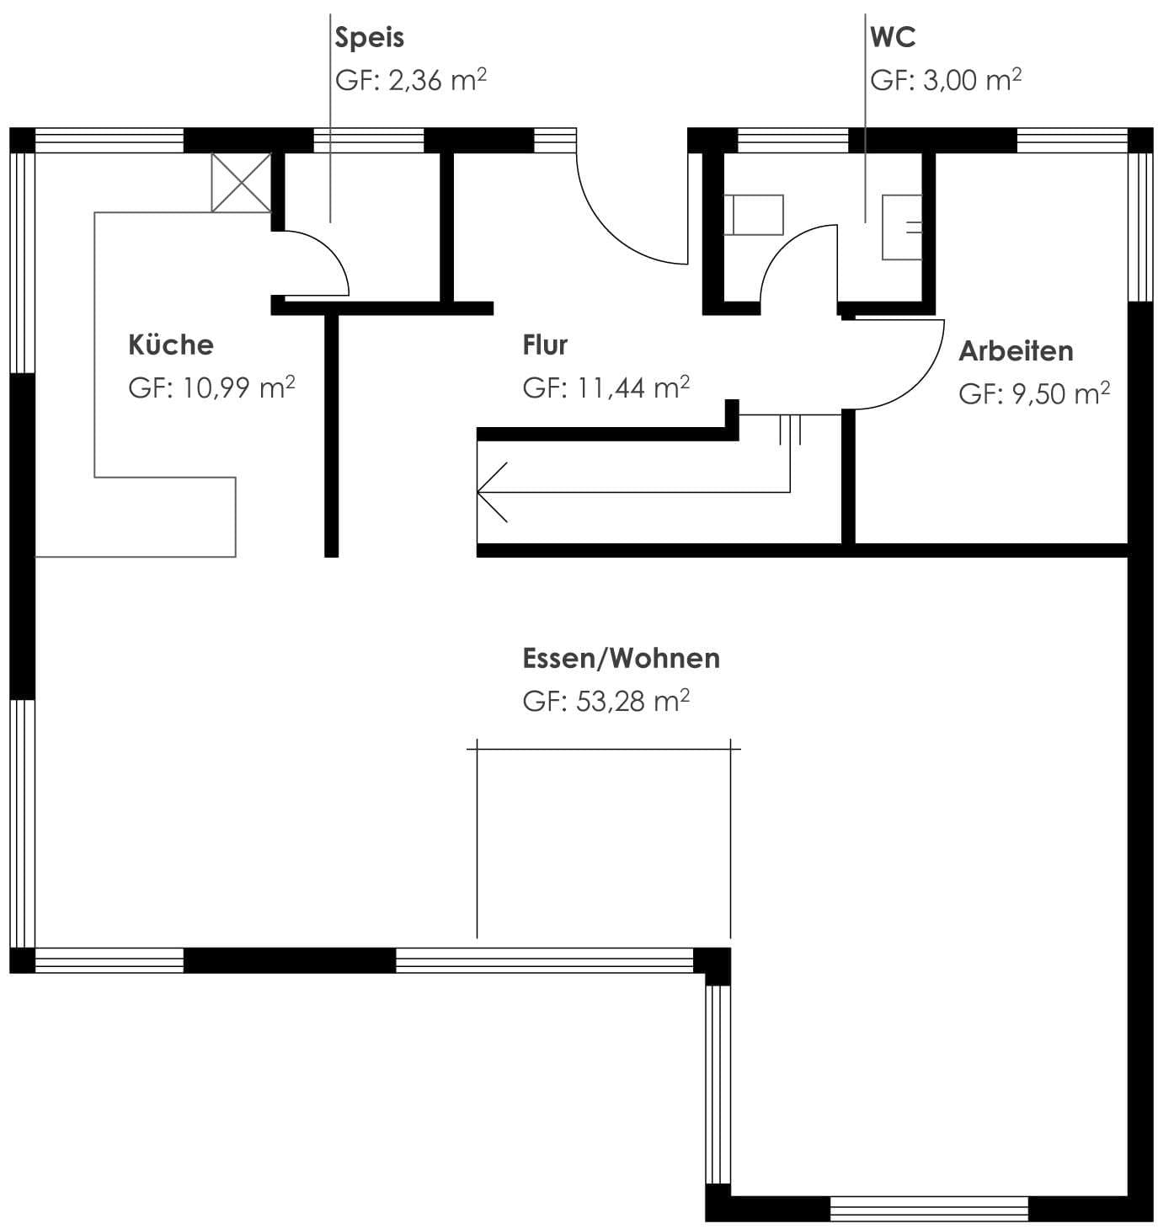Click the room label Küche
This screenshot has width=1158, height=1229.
pos(171,344)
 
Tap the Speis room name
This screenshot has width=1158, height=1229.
pos(370,39)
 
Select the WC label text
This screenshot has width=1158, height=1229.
pos(893,37)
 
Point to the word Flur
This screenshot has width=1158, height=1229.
pos(545,345)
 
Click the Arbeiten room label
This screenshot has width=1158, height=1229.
pos(1016,351)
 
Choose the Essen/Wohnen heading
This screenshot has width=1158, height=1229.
pos(622,658)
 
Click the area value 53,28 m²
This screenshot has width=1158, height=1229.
pos(632,701)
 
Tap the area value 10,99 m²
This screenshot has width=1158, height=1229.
pos(238,387)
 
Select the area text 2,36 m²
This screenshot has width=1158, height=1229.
pos(437,80)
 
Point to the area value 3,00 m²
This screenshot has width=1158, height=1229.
pos(972,80)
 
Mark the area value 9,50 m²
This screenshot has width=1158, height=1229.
pos(1061,393)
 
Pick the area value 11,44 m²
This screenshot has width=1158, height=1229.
pos(633,387)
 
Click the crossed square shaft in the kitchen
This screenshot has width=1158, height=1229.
pos(242,183)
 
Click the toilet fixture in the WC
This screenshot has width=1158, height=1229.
pos(754,215)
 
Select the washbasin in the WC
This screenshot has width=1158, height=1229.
pos(902,227)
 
